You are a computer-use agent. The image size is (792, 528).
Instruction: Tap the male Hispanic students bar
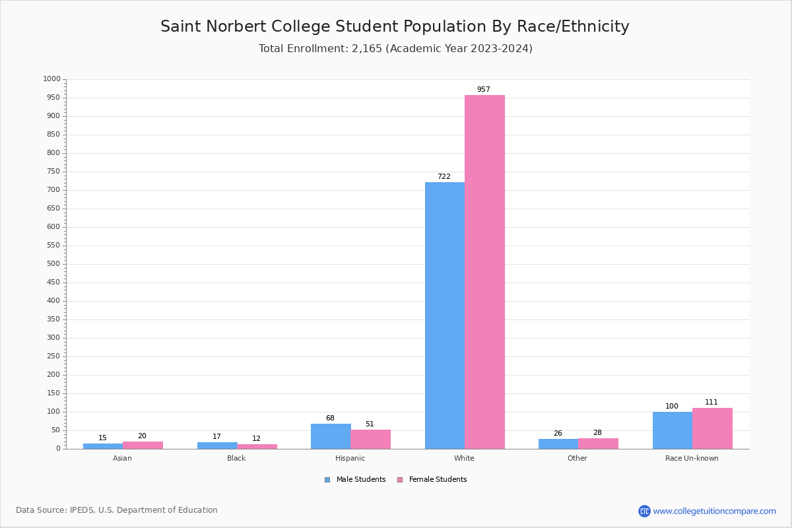point(331,436)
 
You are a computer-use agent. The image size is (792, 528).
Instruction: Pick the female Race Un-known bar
point(712,428)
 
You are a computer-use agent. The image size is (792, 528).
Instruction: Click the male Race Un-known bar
point(672,430)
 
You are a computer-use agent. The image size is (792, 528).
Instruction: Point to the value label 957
point(484,90)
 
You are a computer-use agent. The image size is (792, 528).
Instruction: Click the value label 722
point(444,177)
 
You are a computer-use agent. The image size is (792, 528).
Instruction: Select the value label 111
point(711,403)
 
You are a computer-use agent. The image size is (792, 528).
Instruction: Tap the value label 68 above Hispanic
point(330,418)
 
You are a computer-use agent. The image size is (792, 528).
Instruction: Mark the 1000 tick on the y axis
point(51,79)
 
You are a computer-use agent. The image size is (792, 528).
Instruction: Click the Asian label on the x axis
point(122,458)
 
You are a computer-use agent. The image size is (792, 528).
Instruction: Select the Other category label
point(577,458)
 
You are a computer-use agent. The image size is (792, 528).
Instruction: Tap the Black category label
point(236,458)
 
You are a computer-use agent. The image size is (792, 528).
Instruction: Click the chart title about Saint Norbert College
point(395,27)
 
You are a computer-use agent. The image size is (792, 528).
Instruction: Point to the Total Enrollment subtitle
point(395,49)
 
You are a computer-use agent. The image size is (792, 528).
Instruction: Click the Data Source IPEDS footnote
point(117,510)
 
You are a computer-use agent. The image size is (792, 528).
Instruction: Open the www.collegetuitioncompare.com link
point(714,511)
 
